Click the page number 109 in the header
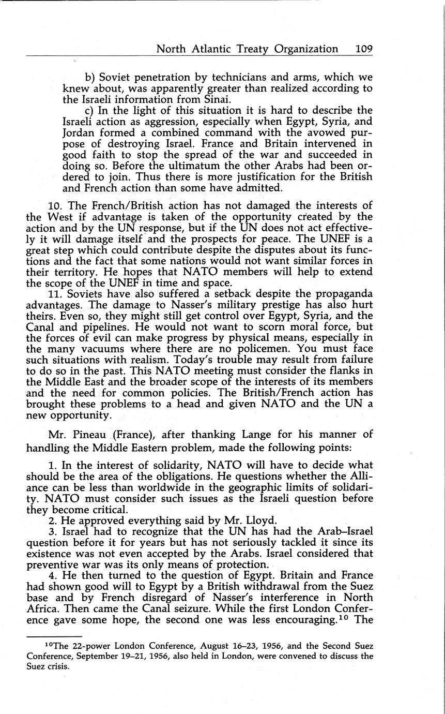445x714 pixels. (364, 49)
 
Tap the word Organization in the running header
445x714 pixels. (306, 49)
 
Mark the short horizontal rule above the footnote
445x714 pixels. (54, 636)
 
